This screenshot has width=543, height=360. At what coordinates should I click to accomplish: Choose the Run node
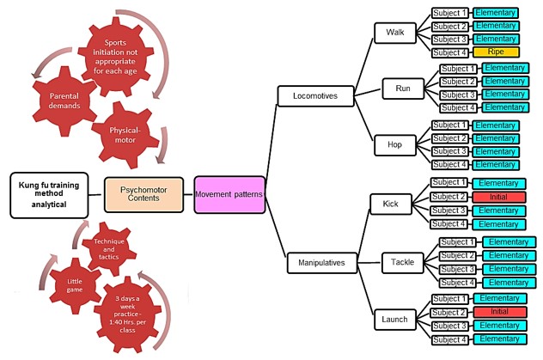tap(404, 88)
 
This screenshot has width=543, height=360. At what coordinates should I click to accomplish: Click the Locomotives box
tap(309, 95)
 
